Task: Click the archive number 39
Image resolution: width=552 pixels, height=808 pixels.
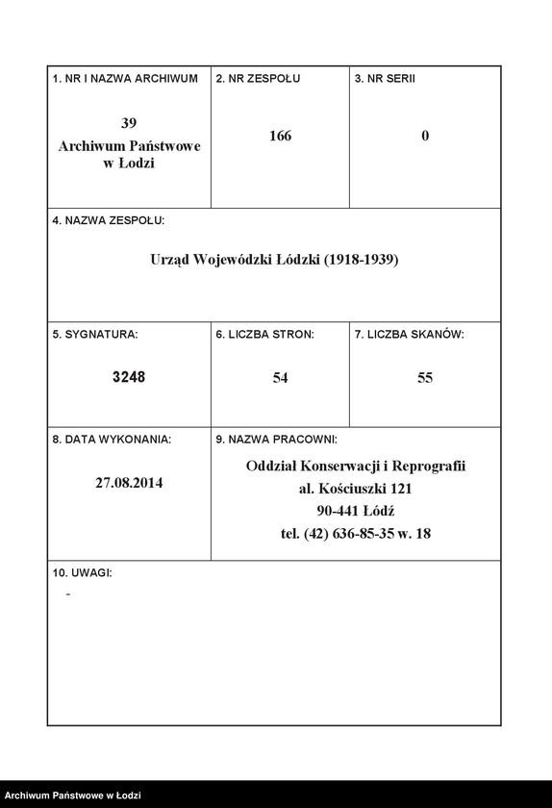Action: (x=129, y=124)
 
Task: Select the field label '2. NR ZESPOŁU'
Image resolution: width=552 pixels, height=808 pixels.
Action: (x=258, y=79)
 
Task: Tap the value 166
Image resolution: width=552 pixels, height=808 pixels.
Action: (x=280, y=137)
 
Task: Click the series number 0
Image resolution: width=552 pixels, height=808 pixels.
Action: (x=425, y=137)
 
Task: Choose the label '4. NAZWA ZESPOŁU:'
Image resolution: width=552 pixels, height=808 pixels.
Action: (x=109, y=220)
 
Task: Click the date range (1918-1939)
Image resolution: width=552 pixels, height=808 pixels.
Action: (x=361, y=260)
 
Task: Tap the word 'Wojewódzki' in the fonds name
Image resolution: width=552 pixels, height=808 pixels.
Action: (x=236, y=260)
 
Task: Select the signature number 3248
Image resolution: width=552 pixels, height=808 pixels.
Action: (x=129, y=378)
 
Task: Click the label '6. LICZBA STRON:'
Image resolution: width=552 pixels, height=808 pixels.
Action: (x=264, y=335)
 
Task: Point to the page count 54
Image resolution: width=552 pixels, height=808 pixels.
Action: (x=280, y=378)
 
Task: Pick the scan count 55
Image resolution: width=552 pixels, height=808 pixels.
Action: (x=425, y=378)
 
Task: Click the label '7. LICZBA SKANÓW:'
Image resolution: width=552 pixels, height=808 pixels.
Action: (x=409, y=335)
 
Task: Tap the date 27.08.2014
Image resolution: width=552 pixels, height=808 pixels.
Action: (x=129, y=483)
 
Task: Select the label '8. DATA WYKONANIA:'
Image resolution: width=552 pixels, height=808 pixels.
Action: (x=112, y=440)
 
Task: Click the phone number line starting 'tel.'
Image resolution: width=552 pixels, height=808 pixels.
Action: (x=356, y=533)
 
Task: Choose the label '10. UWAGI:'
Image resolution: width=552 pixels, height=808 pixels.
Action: (x=82, y=573)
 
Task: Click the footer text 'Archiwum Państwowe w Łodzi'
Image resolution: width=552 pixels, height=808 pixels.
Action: (x=73, y=795)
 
